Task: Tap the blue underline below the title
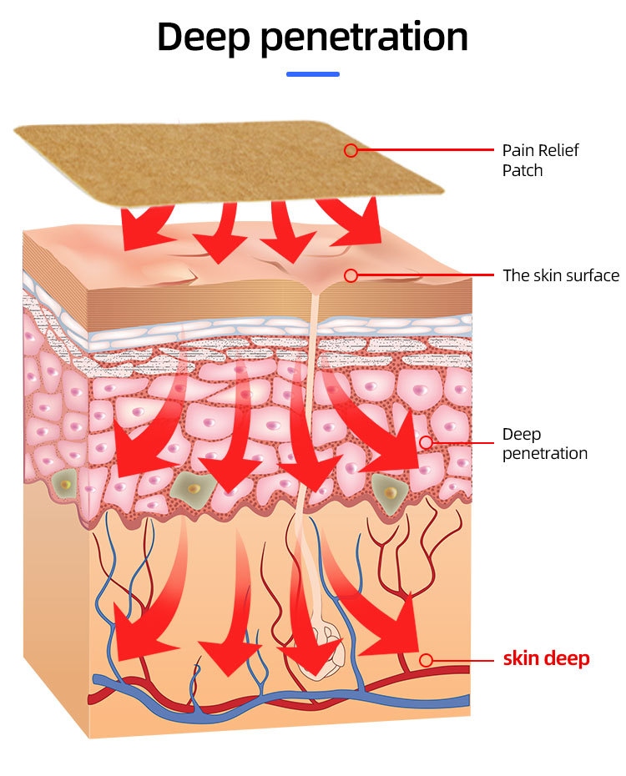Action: point(312,74)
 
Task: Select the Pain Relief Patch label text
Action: point(540,160)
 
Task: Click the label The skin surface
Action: point(561,275)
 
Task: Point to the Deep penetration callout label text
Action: point(544,444)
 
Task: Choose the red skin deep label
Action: point(546,658)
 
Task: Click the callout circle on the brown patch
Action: point(351,150)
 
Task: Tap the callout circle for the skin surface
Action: point(351,275)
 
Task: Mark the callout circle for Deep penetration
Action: point(426,442)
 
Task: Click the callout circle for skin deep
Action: point(426,660)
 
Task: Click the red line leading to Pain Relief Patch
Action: point(426,150)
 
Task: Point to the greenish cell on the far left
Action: point(63,482)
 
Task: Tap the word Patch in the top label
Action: point(523,170)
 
